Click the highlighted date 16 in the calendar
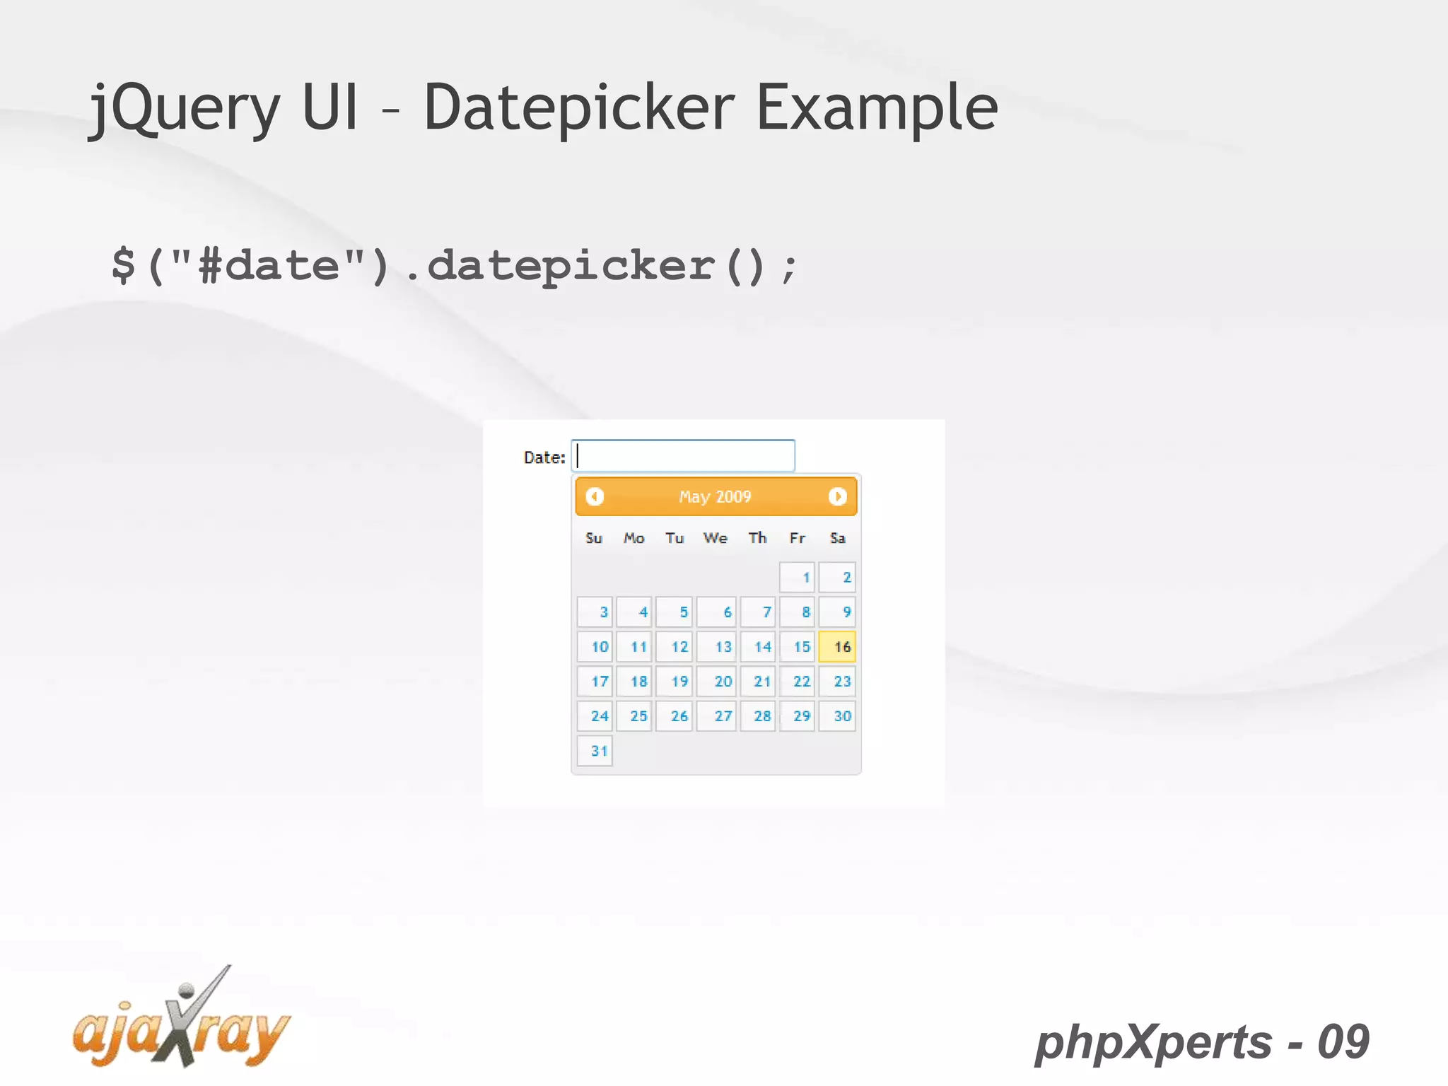tap(837, 646)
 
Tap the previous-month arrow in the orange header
tap(595, 496)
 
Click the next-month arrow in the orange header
tap(837, 496)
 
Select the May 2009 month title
tap(715, 496)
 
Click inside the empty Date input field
tap(683, 456)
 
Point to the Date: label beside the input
tap(544, 457)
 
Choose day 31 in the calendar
tap(595, 750)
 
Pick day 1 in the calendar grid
tap(798, 577)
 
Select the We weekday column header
tap(715, 538)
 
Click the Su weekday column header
tap(594, 538)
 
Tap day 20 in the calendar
tap(716, 681)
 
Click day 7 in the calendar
tap(758, 612)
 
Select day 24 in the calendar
tap(595, 716)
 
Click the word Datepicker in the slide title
tap(579, 108)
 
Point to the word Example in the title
tap(877, 108)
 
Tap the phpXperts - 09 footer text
tap(1202, 1041)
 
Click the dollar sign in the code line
tap(124, 265)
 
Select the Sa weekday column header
tap(837, 538)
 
